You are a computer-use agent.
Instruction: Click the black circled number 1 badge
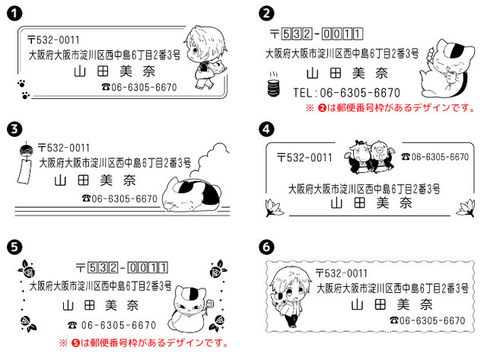[14, 13]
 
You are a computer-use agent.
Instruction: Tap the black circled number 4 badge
[266, 129]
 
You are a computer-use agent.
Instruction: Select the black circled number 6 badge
[266, 247]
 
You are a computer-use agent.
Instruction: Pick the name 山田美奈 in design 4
[362, 203]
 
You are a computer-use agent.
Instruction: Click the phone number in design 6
[426, 320]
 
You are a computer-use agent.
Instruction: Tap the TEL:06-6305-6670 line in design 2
[347, 92]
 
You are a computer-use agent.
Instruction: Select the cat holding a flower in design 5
[188, 303]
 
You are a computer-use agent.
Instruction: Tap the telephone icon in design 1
[106, 88]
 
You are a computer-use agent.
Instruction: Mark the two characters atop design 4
[370, 155]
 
